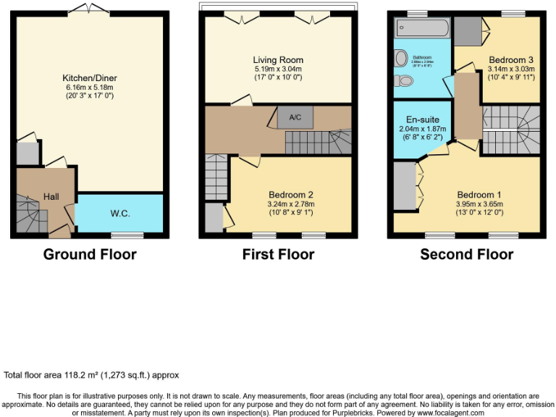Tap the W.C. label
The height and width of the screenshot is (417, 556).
[120, 214]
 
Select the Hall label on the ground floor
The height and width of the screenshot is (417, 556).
[51, 196]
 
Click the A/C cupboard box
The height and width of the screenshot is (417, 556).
[295, 117]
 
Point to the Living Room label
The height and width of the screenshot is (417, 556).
[278, 60]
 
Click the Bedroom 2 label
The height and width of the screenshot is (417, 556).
[290, 195]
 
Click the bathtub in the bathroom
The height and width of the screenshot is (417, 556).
[422, 29]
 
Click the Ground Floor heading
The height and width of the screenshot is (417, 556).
[90, 254]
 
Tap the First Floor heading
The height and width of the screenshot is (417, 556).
[279, 254]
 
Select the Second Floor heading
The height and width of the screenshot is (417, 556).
[467, 254]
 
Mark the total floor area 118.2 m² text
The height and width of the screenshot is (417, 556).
[91, 375]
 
